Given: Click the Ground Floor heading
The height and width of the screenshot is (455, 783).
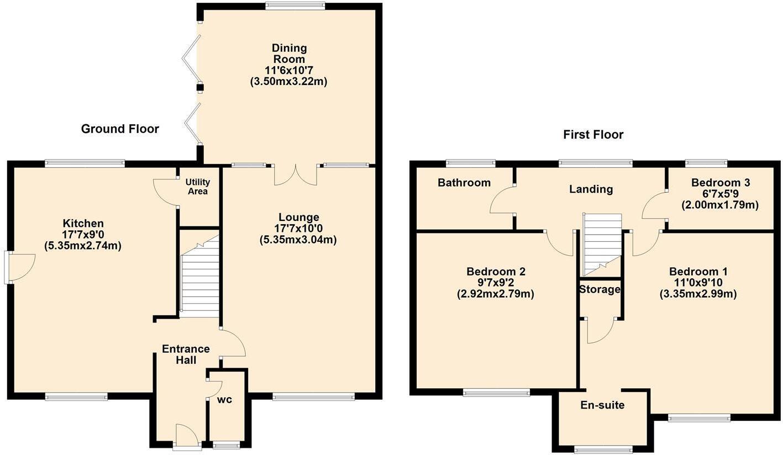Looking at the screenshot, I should pyautogui.click(x=120, y=129).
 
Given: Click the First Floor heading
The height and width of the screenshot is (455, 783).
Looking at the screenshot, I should pyautogui.click(x=593, y=134).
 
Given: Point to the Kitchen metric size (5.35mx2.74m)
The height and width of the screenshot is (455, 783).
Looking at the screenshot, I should pyautogui.click(x=83, y=246).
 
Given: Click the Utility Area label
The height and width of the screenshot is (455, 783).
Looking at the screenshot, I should pyautogui.click(x=197, y=187).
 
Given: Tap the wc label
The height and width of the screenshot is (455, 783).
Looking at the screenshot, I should pyautogui.click(x=224, y=400).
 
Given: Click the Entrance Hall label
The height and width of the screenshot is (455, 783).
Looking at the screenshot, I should pyautogui.click(x=185, y=355).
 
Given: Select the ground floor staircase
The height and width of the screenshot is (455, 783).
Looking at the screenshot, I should pyautogui.click(x=200, y=279).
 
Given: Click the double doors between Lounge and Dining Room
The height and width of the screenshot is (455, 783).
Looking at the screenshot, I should pyautogui.click(x=296, y=174).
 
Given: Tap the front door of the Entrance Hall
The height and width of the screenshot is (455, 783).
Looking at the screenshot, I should pyautogui.click(x=187, y=436).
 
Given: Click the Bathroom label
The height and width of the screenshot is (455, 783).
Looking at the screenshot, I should pyautogui.click(x=464, y=183).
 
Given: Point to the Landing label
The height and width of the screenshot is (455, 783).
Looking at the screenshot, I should pyautogui.click(x=591, y=189).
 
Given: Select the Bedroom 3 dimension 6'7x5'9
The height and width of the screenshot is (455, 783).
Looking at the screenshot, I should pyautogui.click(x=719, y=194).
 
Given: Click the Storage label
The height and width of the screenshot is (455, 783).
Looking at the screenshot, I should pyautogui.click(x=600, y=289).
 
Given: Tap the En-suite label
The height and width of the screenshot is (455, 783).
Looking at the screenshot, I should pyautogui.click(x=602, y=405).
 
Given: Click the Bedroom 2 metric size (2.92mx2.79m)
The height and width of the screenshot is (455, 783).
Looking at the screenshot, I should pyautogui.click(x=496, y=294).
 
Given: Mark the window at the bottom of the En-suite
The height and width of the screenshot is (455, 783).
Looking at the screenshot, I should pyautogui.click(x=602, y=449).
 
